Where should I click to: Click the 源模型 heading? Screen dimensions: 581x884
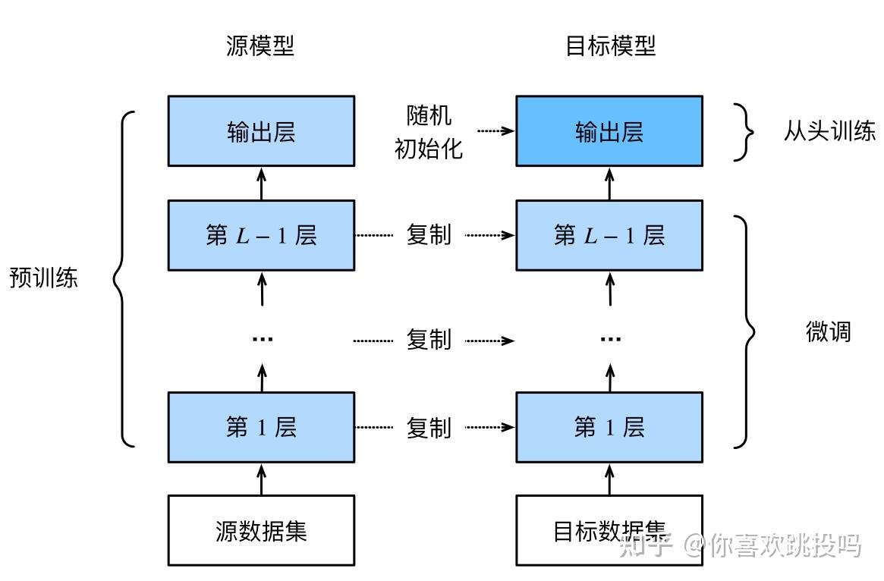coord(260,46)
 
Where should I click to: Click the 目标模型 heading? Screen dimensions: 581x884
coord(610,46)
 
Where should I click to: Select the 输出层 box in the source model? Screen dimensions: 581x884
coord(261,130)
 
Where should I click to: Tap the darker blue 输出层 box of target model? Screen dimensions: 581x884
coord(609,130)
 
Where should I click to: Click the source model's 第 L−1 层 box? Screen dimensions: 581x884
coord(261,235)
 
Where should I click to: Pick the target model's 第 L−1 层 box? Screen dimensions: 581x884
coord(609,235)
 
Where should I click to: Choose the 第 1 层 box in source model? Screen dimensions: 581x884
coord(261,427)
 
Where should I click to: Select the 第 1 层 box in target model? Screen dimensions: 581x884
coord(609,427)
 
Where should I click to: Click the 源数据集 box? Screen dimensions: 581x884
coord(261,530)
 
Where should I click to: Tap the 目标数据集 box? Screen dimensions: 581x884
coord(609,530)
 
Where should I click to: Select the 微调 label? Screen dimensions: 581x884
coord(828,331)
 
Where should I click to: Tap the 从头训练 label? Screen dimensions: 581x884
coord(829,131)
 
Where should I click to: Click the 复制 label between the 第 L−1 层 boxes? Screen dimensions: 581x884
coord(429,235)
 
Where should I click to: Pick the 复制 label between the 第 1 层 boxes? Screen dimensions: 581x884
coord(429,428)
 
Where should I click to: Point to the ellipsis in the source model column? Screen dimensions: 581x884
coord(262,338)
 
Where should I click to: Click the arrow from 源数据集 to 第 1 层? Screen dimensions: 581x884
coord(262,479)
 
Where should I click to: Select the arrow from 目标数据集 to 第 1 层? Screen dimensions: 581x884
coord(609,479)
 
